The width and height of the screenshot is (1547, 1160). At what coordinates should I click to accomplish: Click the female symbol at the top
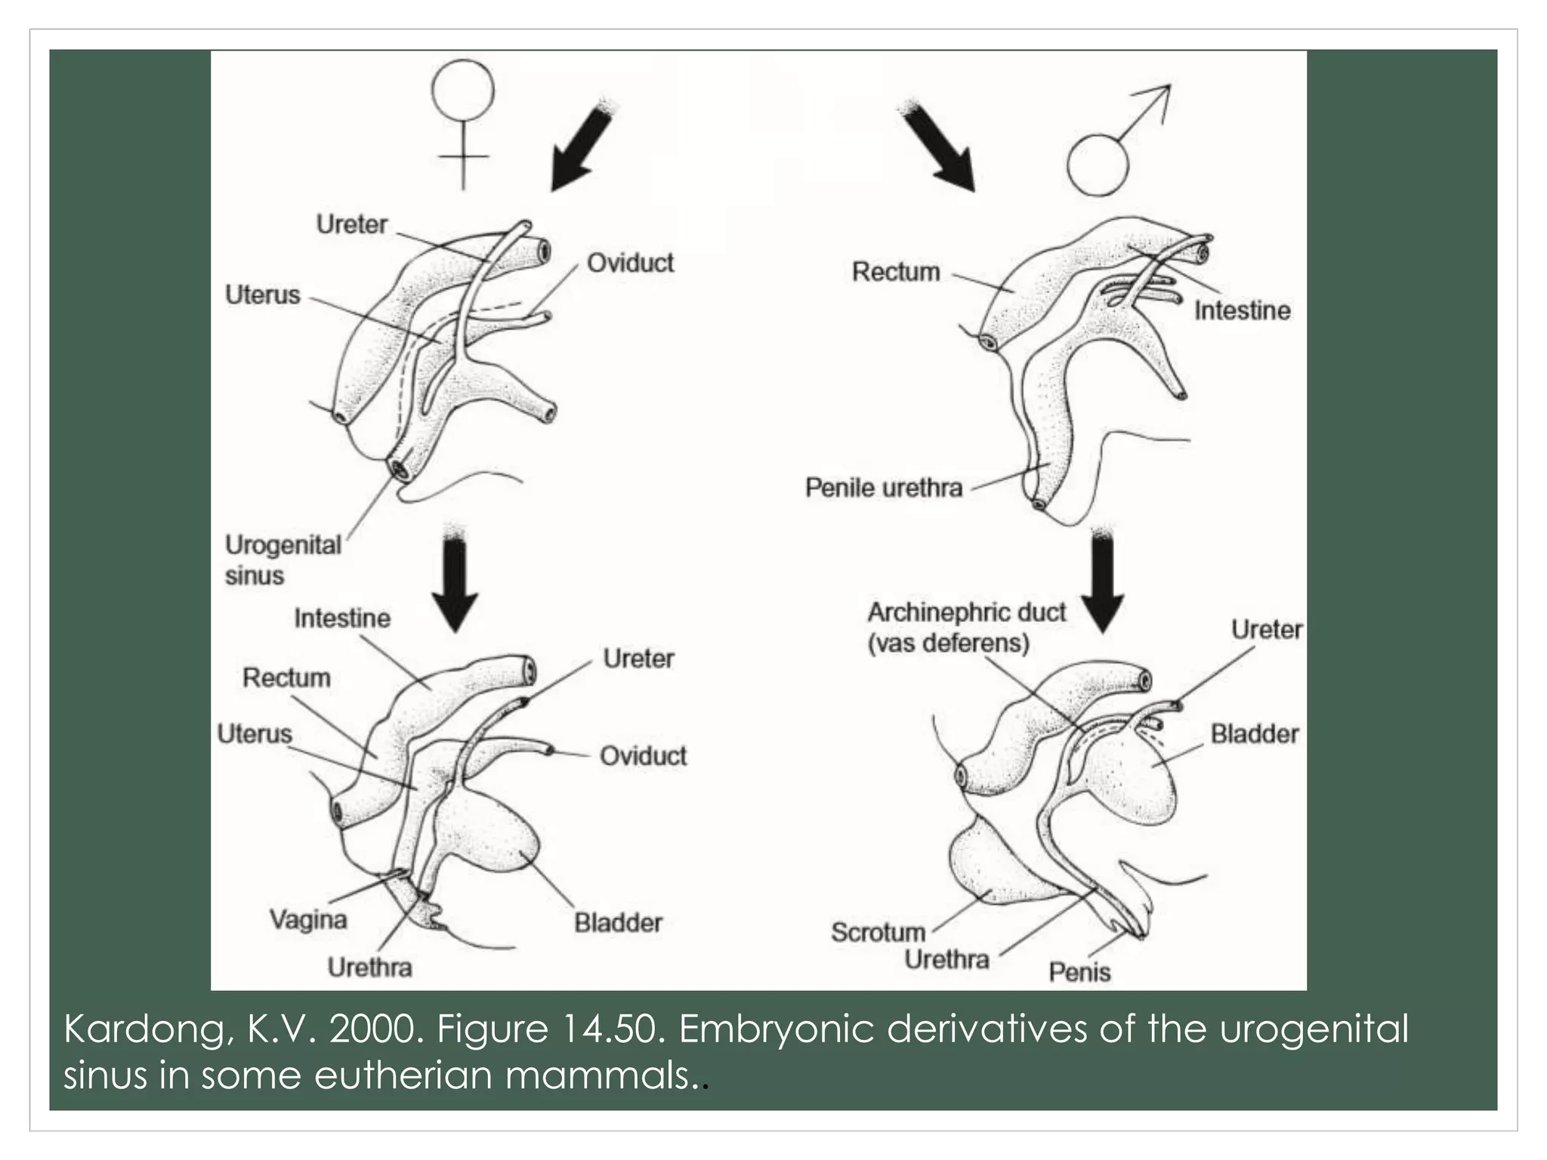(462, 121)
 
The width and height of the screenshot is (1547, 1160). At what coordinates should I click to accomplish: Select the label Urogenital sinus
(283, 560)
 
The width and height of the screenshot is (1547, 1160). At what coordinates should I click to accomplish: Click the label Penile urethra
(883, 488)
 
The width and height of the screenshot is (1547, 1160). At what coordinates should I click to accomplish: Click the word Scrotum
(878, 932)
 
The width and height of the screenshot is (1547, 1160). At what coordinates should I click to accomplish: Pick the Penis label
(1079, 972)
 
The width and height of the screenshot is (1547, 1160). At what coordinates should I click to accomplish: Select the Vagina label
(308, 919)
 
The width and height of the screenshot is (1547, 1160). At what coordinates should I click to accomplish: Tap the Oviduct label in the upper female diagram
(630, 263)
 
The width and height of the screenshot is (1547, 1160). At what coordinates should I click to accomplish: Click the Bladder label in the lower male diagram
(1255, 733)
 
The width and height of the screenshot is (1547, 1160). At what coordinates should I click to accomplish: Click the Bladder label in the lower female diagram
(618, 922)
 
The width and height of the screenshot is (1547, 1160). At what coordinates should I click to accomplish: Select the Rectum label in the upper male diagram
(896, 272)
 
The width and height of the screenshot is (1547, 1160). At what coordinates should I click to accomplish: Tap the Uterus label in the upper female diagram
(262, 295)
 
